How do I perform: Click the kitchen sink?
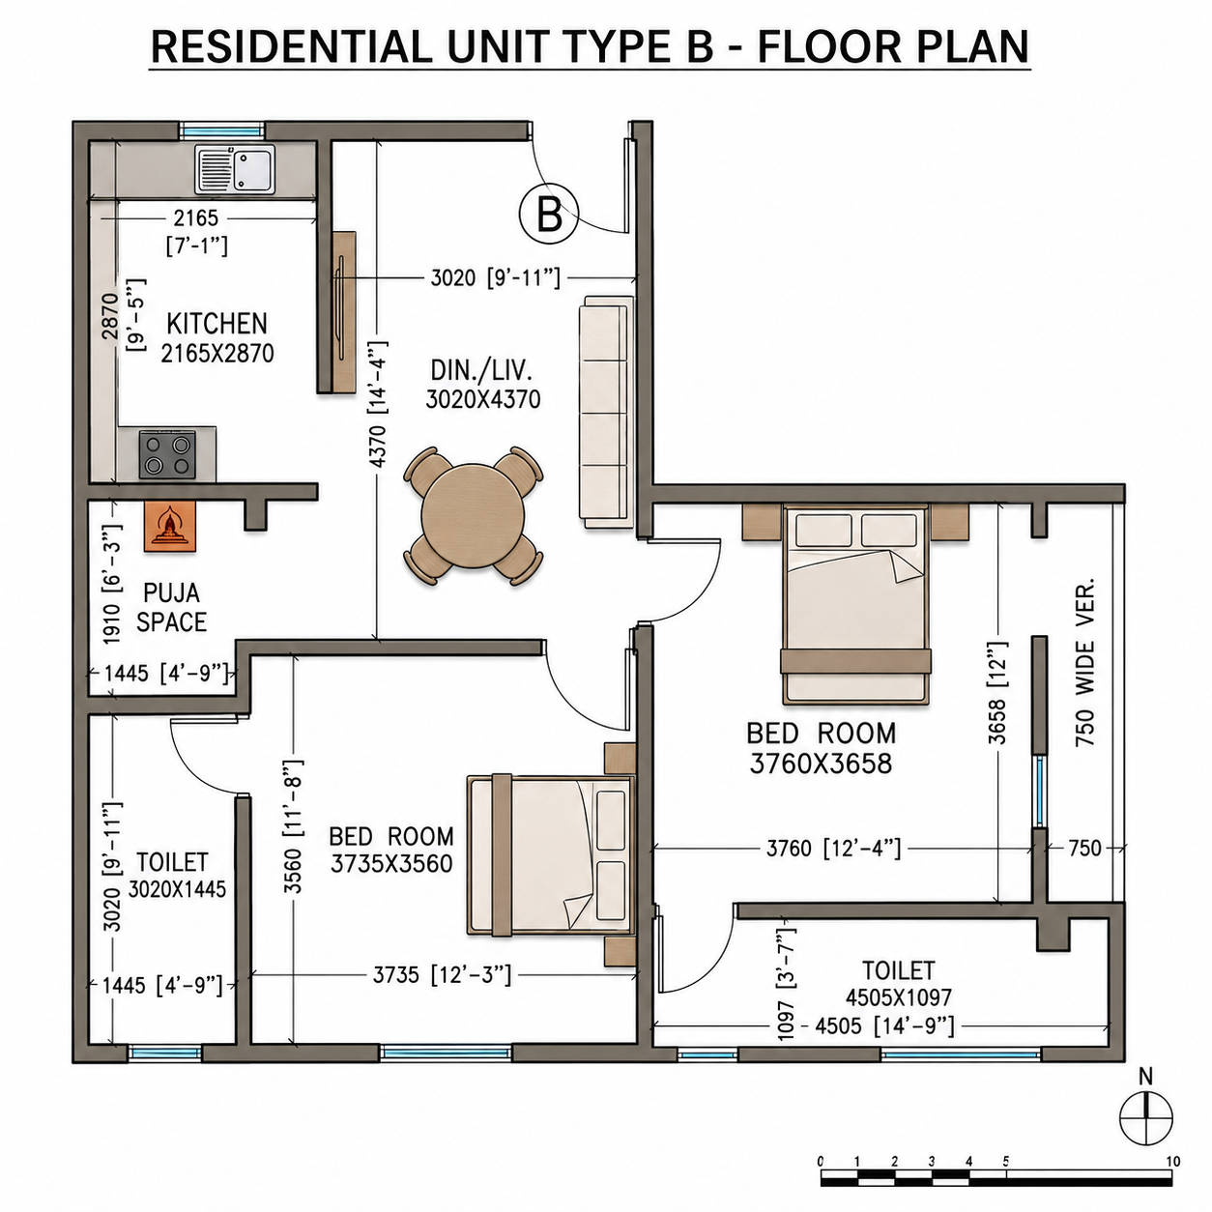(235, 169)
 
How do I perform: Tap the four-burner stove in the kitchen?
(166, 454)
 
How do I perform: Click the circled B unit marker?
(548, 214)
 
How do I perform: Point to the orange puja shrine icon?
(170, 527)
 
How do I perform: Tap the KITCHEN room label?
(217, 324)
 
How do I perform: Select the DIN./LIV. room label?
(481, 371)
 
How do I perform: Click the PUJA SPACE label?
(172, 608)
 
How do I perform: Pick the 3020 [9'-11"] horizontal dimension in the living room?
(495, 277)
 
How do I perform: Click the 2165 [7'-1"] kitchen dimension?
(197, 231)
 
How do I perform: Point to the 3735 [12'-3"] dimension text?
(442, 975)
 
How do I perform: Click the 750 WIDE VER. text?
(1085, 662)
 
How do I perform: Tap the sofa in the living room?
(606, 412)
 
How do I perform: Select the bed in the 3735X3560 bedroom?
(551, 855)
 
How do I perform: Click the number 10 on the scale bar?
(1171, 1162)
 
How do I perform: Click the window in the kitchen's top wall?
(222, 131)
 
